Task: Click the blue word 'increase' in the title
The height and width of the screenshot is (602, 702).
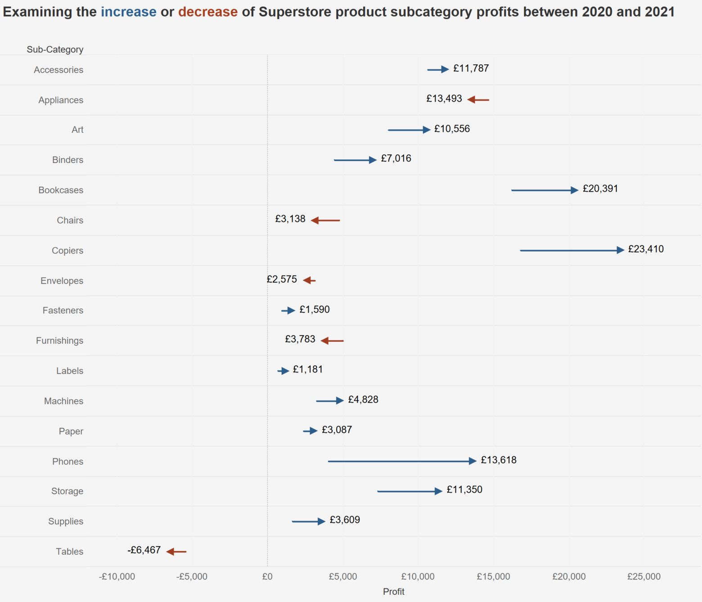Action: pyautogui.click(x=128, y=12)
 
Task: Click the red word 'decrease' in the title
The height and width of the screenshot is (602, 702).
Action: pyautogui.click(x=207, y=12)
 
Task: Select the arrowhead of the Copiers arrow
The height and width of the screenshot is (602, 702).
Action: pyautogui.click(x=620, y=250)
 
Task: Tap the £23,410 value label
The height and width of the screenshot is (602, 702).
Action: pyautogui.click(x=646, y=249)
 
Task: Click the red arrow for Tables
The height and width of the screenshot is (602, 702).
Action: pyautogui.click(x=176, y=551)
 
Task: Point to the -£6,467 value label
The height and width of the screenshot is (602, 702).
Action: pyautogui.click(x=144, y=550)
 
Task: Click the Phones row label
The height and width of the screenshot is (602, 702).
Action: pyautogui.click(x=67, y=461)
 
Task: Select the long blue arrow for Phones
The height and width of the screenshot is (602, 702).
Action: pyautogui.click(x=401, y=461)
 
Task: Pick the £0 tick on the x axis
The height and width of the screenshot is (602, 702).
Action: pyautogui.click(x=267, y=577)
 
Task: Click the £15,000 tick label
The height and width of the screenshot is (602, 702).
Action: pyautogui.click(x=493, y=577)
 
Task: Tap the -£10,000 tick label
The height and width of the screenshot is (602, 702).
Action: pyautogui.click(x=117, y=577)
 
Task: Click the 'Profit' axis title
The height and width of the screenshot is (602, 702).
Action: pyautogui.click(x=393, y=592)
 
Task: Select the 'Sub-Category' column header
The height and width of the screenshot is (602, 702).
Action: pyautogui.click(x=55, y=49)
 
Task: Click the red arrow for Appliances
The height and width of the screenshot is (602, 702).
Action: pyautogui.click(x=478, y=99)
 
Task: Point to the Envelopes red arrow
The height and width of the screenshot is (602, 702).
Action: pyautogui.click(x=309, y=280)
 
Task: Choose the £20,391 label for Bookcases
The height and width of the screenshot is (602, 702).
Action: pyautogui.click(x=600, y=189)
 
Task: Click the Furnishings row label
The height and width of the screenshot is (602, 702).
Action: pyautogui.click(x=59, y=341)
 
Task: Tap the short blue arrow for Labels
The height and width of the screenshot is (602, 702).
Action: pyautogui.click(x=283, y=371)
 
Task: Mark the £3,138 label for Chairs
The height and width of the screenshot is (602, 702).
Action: pyautogui.click(x=290, y=219)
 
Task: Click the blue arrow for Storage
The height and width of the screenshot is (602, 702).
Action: pyautogui.click(x=409, y=491)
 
